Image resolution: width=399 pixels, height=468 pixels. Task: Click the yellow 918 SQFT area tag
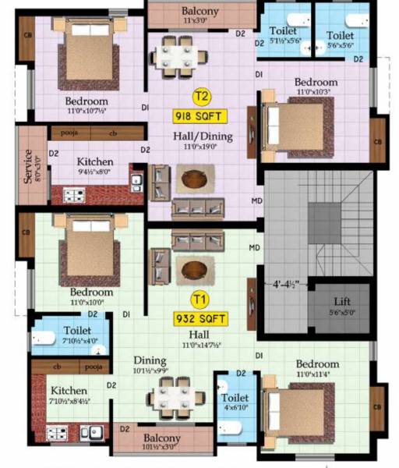[x=200, y=117]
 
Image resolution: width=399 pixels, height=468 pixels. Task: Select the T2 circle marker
[x=202, y=97]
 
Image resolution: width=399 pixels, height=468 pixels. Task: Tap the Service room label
[x=28, y=166]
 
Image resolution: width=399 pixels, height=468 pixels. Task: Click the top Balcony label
[x=200, y=12]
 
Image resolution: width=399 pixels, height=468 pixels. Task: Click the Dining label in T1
[x=149, y=360]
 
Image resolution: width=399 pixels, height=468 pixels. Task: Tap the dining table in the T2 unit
[x=180, y=55]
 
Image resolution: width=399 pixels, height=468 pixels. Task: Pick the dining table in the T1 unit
[x=175, y=399]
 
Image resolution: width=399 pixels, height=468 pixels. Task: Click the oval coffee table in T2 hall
[x=194, y=179]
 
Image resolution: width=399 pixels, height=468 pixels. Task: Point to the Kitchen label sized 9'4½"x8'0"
[x=96, y=161]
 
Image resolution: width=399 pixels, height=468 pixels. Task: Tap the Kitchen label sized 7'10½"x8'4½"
[x=69, y=391]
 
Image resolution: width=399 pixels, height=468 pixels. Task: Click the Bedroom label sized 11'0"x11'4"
[x=317, y=364]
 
